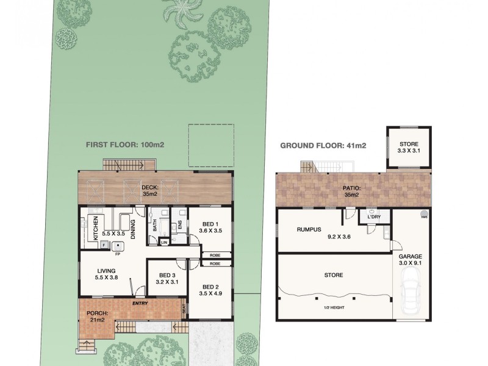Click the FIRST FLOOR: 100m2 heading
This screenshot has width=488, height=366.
pyautogui.click(x=125, y=145)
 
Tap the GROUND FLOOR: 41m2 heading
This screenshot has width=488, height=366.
pyautogui.click(x=323, y=145)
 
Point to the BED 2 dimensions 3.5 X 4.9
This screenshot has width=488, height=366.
pyautogui.click(x=210, y=293)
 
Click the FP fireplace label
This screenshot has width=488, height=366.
pyautogui.click(x=117, y=254)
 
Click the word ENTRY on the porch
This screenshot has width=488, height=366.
pyautogui.click(x=141, y=303)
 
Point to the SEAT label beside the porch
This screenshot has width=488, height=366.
pyautogui.click(x=184, y=310)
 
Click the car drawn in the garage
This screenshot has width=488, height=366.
pyautogui.click(x=410, y=293)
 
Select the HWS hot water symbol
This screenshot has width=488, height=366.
pyautogui.click(x=423, y=214)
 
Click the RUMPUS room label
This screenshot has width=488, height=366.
pyautogui.click(x=308, y=229)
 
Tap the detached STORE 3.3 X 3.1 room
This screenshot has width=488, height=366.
pyautogui.click(x=409, y=146)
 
